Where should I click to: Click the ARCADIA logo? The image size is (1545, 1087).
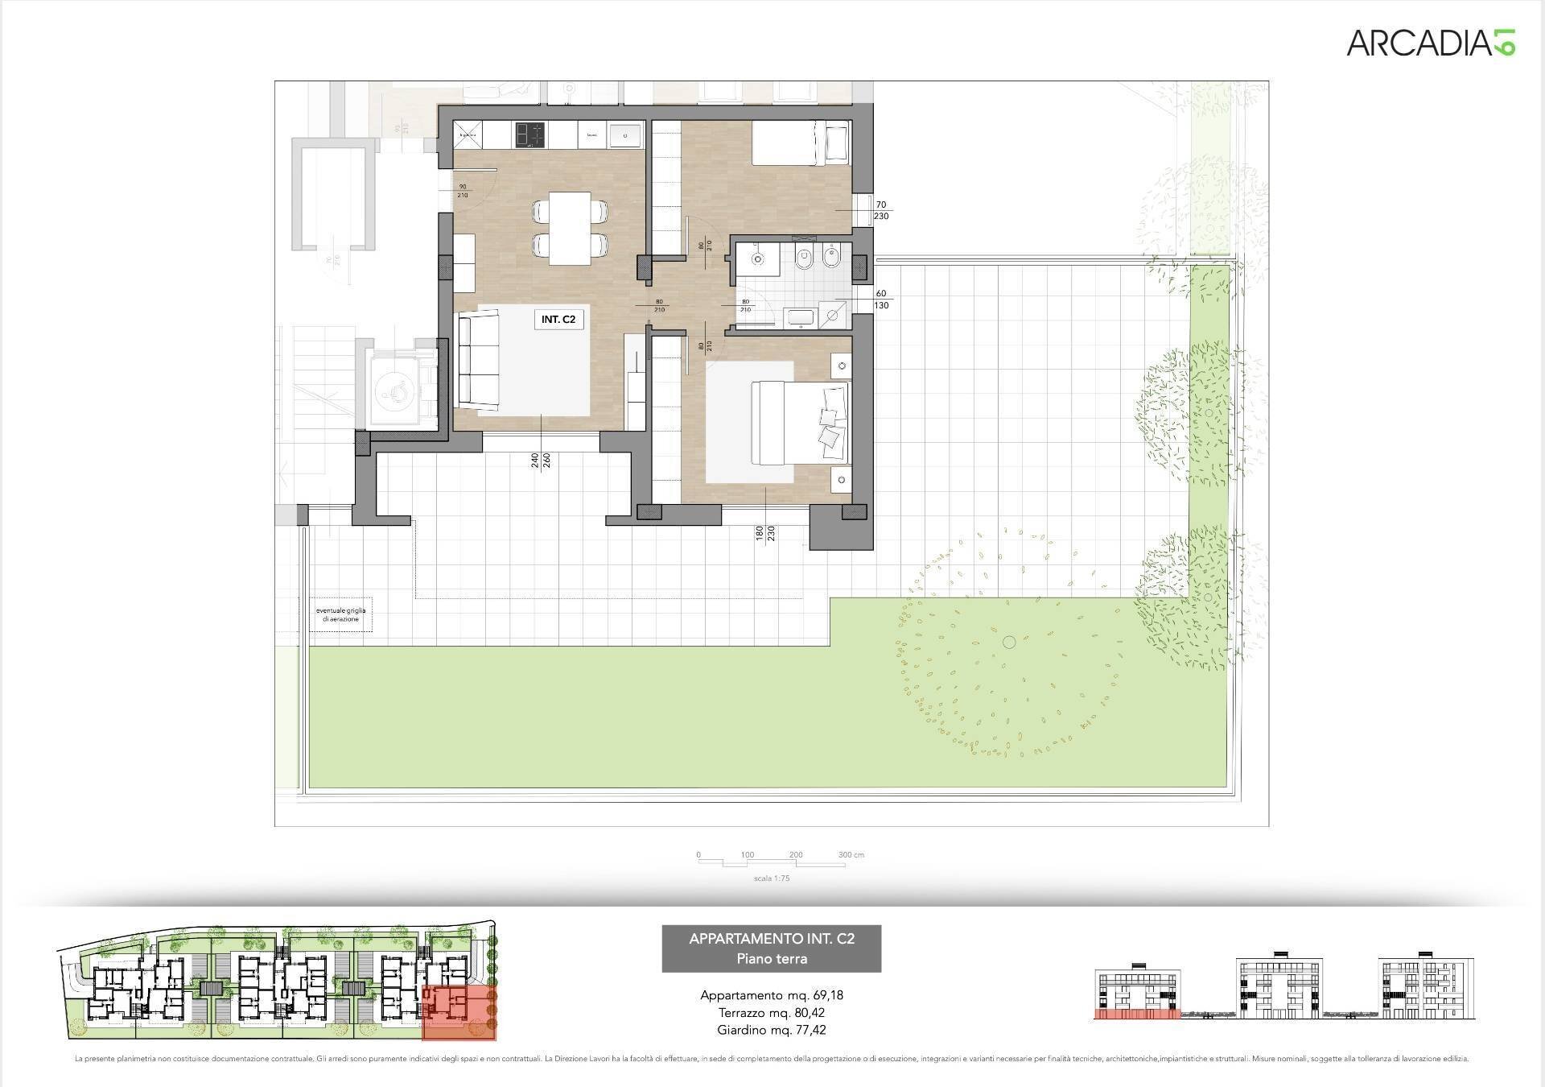1431,42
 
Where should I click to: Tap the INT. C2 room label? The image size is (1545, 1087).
558,320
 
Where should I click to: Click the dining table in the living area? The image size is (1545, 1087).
570,228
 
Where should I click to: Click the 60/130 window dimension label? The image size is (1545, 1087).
881,300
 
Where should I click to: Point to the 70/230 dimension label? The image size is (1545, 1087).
881,210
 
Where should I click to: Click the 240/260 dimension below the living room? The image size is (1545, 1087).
540,461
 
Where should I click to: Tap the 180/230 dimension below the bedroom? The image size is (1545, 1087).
764,534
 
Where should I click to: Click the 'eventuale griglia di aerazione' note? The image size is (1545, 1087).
340,614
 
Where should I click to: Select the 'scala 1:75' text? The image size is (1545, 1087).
772,878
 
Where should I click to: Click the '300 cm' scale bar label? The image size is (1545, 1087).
851,854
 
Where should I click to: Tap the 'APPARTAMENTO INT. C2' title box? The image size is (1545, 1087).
771,948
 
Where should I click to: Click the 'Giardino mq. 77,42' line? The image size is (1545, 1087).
771,1030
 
